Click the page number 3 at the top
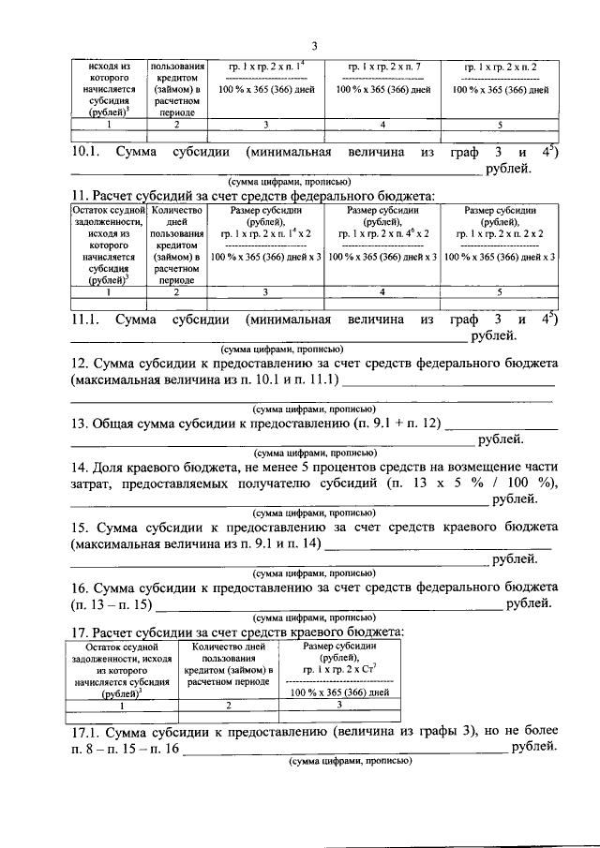tap(314, 45)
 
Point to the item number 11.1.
tap(87, 320)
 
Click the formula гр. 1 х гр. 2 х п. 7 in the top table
tap(383, 69)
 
